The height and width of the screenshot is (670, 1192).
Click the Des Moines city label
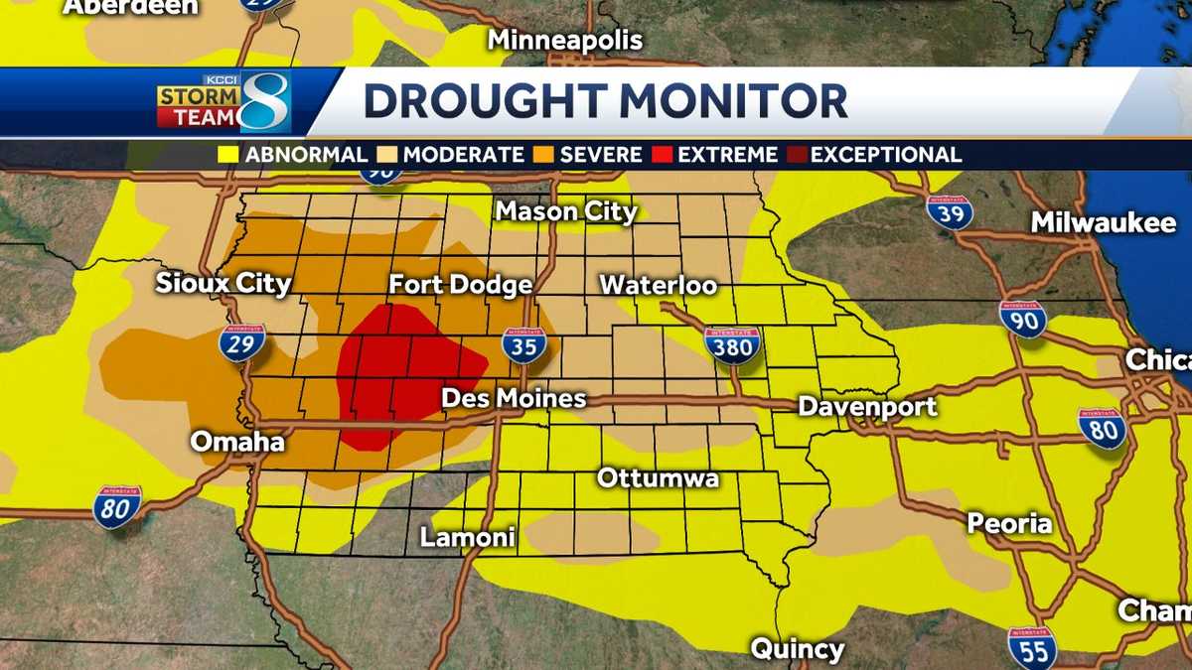tap(514, 399)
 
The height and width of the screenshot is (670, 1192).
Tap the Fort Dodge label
tap(460, 285)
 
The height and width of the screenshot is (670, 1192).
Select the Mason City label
tap(566, 211)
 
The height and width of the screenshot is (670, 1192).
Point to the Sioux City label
tap(223, 284)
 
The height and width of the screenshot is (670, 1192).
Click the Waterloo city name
tap(658, 285)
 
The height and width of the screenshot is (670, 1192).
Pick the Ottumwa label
tap(658, 477)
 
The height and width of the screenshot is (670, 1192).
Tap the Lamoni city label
tap(468, 538)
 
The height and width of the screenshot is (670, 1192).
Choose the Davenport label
tap(867, 406)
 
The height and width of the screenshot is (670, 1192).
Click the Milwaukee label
tap(1103, 222)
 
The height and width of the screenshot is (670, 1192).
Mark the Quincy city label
tap(797, 650)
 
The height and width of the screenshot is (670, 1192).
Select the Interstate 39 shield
tap(949, 211)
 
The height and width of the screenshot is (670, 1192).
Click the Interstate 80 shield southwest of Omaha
tap(117, 506)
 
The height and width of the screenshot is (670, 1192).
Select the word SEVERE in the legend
tap(600, 155)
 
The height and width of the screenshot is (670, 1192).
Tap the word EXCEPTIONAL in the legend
tap(886, 155)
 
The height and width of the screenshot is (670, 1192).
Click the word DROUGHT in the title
tap(484, 101)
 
